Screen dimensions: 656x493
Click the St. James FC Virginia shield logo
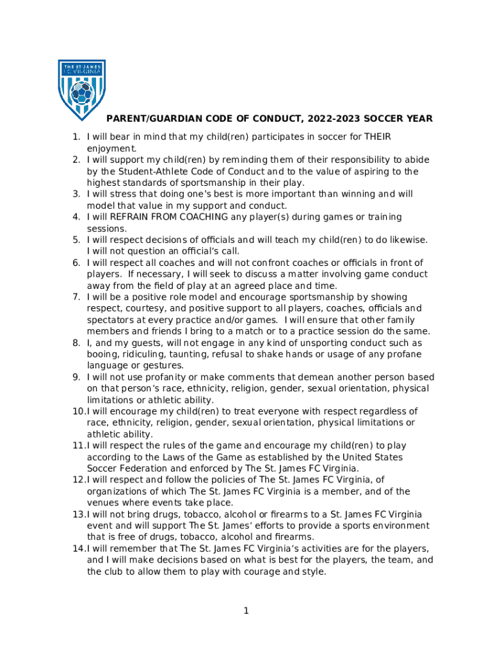tap(81, 90)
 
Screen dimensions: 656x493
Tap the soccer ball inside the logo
tap(81, 94)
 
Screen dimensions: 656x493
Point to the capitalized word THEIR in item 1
tap(378, 136)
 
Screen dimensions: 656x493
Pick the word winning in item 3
tap(344, 193)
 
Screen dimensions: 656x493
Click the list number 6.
tap(75, 263)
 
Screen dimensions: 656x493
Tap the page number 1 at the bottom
tap(246, 611)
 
